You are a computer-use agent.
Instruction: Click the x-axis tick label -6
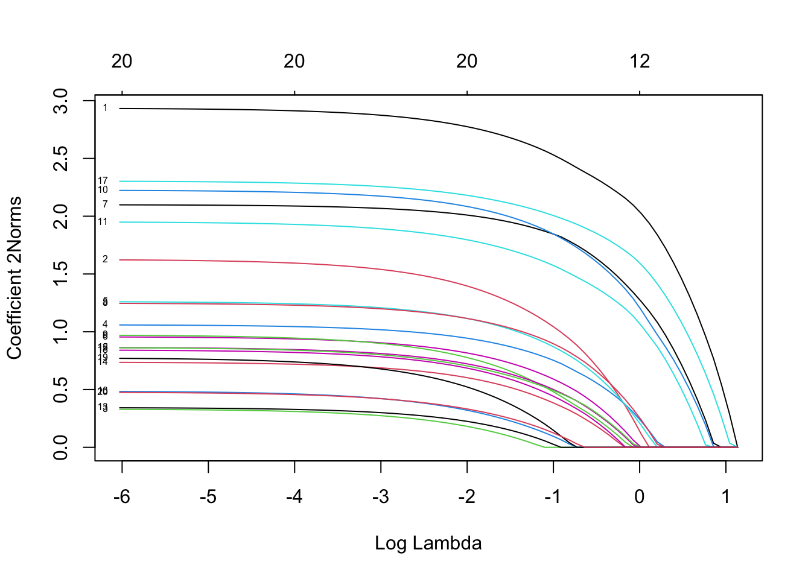(x=121, y=497)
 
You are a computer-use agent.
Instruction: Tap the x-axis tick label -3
(x=380, y=497)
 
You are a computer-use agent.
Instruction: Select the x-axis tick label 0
(x=640, y=497)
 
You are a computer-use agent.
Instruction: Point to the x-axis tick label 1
(x=726, y=497)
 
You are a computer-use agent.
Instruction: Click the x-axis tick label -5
(x=208, y=497)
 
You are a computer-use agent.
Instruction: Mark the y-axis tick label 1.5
(x=61, y=274)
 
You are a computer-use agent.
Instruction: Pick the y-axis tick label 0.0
(x=61, y=447)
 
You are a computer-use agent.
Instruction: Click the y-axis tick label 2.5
(x=61, y=158)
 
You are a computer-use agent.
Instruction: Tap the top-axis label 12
(x=640, y=61)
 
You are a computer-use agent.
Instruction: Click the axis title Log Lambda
(x=428, y=543)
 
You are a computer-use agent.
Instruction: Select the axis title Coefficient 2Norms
(x=14, y=277)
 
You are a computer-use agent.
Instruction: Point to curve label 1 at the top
(x=105, y=109)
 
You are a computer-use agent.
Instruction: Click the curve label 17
(x=103, y=181)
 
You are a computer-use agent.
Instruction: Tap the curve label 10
(x=103, y=191)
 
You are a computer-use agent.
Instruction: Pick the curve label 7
(x=105, y=205)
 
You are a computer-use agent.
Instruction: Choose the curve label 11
(x=103, y=222)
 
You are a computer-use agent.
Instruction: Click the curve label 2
(x=105, y=259)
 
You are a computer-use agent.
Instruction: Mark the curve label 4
(x=105, y=324)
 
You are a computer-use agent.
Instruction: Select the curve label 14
(x=103, y=362)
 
